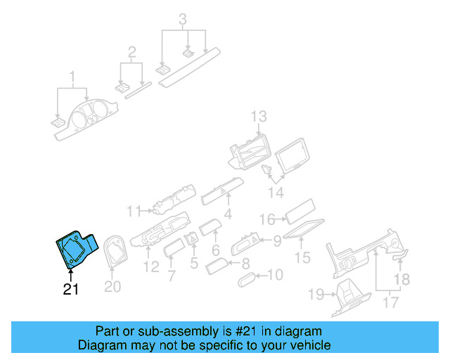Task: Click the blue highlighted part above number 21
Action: (x=73, y=248)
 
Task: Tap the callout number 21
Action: (x=71, y=289)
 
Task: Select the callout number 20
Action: (x=112, y=287)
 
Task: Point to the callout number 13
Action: (x=259, y=116)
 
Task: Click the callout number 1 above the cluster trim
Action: (x=71, y=75)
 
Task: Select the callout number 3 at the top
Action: (x=183, y=19)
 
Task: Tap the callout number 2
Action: (x=131, y=51)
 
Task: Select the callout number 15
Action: (x=302, y=258)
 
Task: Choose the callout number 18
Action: (x=400, y=279)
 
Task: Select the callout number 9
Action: (x=277, y=241)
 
